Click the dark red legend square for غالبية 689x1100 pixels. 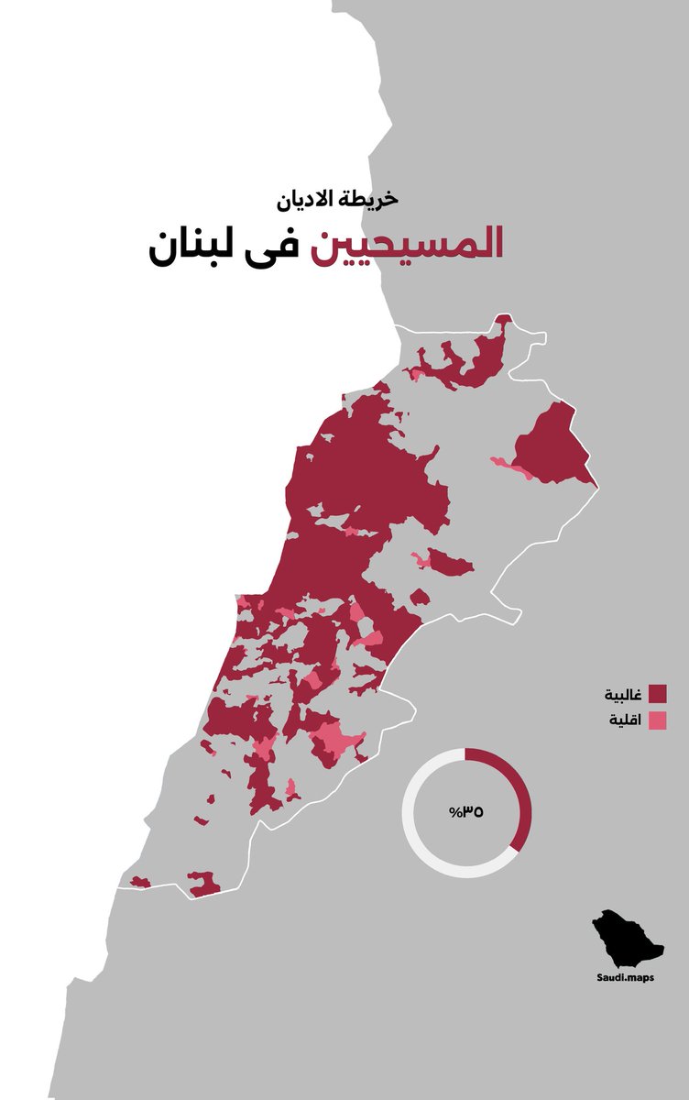tap(657, 693)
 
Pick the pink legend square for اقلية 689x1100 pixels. tap(657, 720)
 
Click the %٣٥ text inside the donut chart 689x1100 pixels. tap(465, 812)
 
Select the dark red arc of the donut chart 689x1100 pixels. tap(519, 788)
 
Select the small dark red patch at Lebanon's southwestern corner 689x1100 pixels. tap(140, 882)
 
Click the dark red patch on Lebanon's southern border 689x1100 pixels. tap(203, 884)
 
